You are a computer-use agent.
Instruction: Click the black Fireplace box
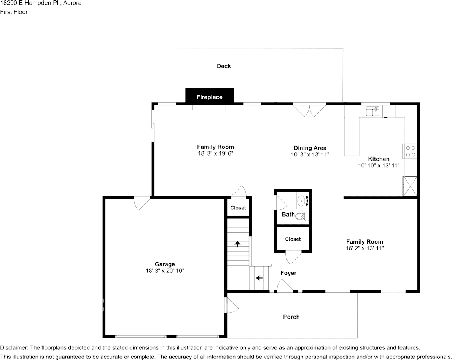(209, 96)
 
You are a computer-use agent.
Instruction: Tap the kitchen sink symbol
(372, 111)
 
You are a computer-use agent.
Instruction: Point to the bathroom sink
(304, 199)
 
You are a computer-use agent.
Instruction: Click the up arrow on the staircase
(238, 244)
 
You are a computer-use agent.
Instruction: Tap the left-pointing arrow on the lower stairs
(259, 278)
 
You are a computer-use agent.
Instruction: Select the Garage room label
(165, 264)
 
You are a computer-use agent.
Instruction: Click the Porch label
(291, 317)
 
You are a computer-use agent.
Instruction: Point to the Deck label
(224, 66)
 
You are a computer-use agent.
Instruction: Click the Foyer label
(288, 273)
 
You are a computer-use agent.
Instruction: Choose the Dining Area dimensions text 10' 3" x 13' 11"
(310, 155)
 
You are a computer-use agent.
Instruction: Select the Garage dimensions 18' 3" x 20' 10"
(165, 271)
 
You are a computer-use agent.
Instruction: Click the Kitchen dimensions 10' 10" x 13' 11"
(379, 166)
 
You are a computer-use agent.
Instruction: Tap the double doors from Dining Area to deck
(309, 110)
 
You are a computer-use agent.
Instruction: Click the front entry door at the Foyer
(285, 286)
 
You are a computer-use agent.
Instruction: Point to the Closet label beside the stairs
(238, 208)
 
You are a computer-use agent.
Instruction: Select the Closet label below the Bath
(293, 239)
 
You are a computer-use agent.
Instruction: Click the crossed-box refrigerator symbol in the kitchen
(410, 186)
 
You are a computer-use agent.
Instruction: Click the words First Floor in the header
(14, 12)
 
